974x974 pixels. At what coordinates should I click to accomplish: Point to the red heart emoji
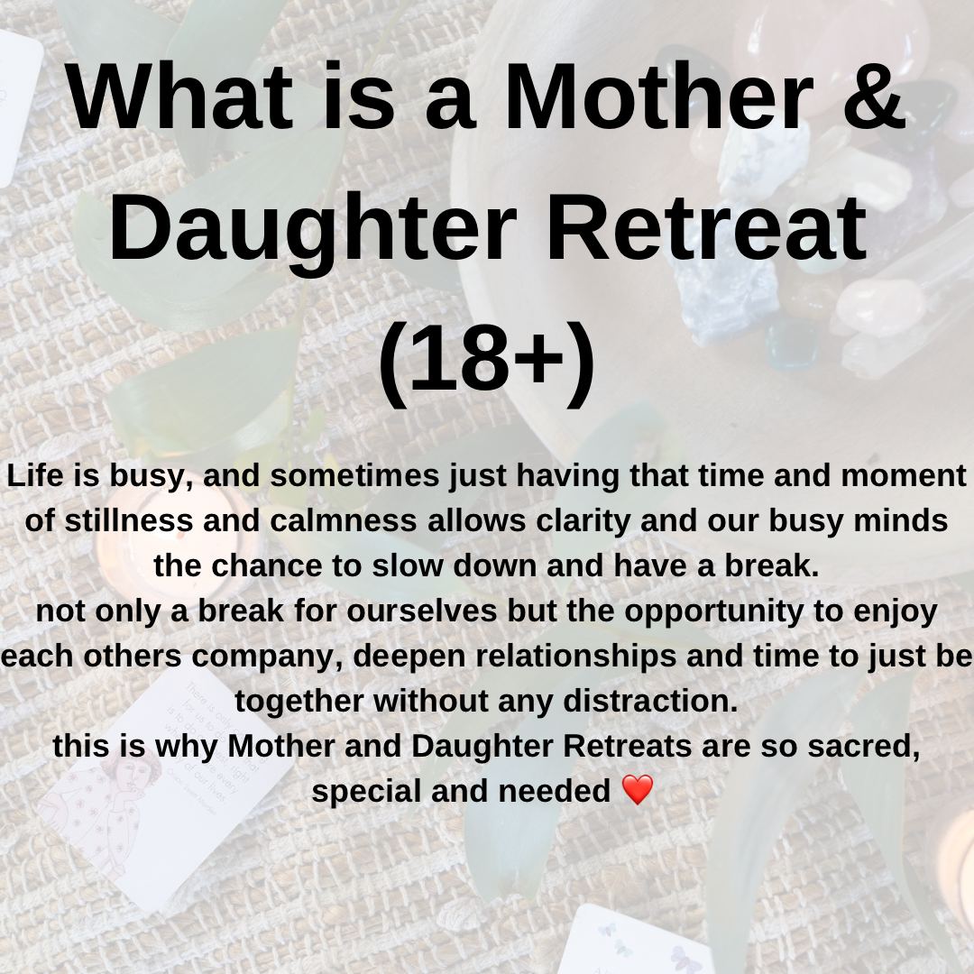point(638,789)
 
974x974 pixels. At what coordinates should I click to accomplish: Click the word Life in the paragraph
point(35,475)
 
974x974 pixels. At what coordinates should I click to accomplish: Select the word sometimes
point(354,475)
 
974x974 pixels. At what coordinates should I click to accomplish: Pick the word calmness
point(343,520)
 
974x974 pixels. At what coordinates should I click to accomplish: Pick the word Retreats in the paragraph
point(628,746)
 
